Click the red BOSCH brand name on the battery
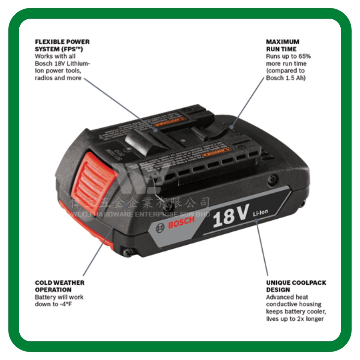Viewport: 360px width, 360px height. [181, 223]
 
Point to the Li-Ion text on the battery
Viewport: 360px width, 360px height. [261, 212]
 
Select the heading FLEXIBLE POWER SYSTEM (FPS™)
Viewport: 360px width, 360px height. [62, 45]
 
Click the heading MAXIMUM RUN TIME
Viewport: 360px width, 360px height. [283, 45]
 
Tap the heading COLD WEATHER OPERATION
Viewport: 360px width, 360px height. [59, 286]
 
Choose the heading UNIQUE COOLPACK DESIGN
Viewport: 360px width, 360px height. [296, 286]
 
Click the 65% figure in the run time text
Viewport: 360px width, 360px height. [304, 56]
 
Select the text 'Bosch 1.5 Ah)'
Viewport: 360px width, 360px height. [286, 78]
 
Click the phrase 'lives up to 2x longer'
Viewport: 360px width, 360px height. [295, 319]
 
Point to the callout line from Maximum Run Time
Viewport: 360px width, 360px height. [248, 102]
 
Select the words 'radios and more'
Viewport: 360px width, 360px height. [58, 78]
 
